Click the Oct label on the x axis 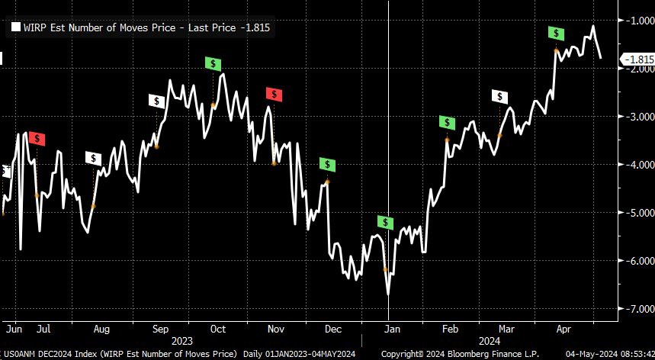click(x=218, y=329)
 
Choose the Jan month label click(x=392, y=329)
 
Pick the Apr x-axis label click(x=563, y=329)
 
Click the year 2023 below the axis click(x=183, y=341)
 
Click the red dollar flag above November click(x=274, y=94)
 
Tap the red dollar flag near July click(x=37, y=139)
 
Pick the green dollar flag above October click(x=213, y=63)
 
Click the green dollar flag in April click(x=557, y=33)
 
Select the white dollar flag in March click(x=499, y=96)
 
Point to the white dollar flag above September click(x=156, y=101)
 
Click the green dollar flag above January click(x=386, y=222)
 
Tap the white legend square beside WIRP click(x=14, y=27)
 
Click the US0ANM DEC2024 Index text click(x=52, y=355)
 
